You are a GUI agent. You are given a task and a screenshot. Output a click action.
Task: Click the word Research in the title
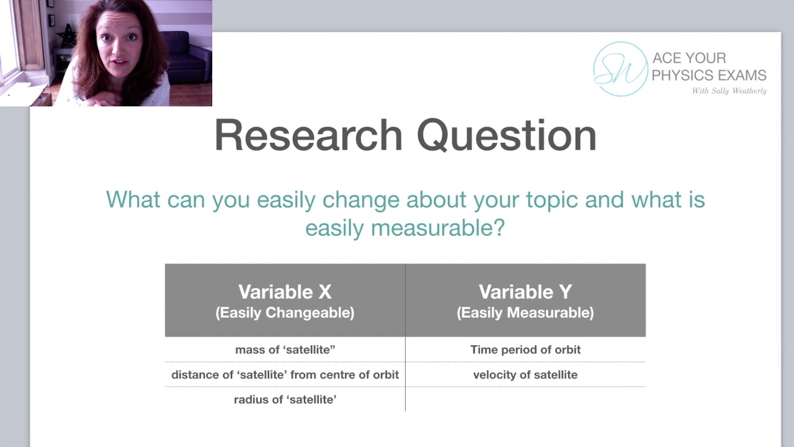click(308, 135)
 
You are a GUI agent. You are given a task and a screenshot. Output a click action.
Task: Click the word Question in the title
click(506, 135)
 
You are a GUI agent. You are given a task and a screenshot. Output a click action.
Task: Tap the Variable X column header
click(285, 292)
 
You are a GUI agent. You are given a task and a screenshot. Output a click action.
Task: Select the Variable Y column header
click(525, 292)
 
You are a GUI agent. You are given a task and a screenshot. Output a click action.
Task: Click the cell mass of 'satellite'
click(285, 350)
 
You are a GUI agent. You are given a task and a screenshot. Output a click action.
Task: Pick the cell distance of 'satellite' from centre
click(285, 375)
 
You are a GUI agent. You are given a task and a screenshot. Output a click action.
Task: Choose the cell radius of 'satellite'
click(285, 400)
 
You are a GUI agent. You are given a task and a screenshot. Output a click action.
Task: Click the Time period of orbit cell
click(525, 350)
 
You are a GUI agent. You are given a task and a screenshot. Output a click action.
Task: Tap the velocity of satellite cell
click(525, 375)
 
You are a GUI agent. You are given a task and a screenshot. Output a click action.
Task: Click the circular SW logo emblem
click(620, 69)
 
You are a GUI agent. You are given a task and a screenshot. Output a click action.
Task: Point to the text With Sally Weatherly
click(729, 91)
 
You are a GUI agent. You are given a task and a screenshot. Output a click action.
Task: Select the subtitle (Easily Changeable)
click(285, 313)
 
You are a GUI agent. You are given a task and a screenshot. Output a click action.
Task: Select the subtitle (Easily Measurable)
click(525, 313)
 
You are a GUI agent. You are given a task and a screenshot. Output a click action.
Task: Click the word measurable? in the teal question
click(438, 228)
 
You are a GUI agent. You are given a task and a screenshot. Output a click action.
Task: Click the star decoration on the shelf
click(66, 37)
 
